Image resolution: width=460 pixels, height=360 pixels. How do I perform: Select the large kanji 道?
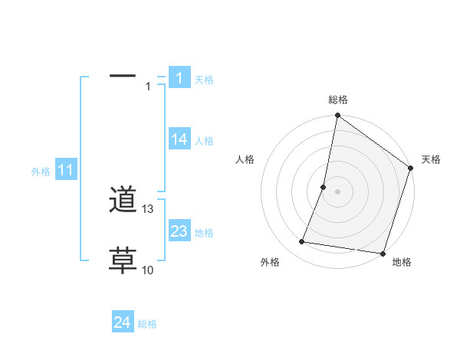123,201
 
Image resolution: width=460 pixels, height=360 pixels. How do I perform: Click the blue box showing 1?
179,77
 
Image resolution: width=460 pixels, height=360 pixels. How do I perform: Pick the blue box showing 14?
179,139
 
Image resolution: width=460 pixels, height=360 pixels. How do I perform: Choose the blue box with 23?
179,231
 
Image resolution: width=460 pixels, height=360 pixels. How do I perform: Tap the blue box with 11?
66,171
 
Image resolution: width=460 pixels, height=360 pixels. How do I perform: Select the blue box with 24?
123,322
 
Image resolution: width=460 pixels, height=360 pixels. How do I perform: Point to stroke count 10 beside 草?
148,270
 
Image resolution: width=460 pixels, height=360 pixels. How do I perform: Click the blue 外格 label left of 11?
41,172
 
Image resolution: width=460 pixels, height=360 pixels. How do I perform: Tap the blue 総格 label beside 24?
147,324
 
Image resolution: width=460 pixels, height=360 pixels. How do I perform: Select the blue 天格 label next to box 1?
204,79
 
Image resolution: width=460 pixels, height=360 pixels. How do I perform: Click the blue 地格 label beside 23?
204,232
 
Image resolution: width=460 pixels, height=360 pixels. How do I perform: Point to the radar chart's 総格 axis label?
338,100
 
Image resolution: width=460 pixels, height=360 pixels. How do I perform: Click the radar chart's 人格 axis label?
245,159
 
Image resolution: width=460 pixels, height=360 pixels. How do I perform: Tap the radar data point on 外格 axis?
303,242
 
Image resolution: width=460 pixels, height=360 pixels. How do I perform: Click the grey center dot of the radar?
338,191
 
